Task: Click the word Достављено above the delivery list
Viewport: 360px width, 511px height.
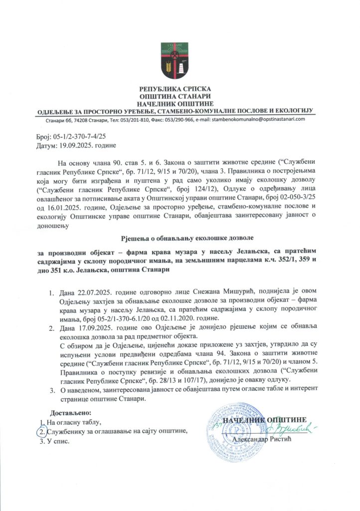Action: tap(71, 413)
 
